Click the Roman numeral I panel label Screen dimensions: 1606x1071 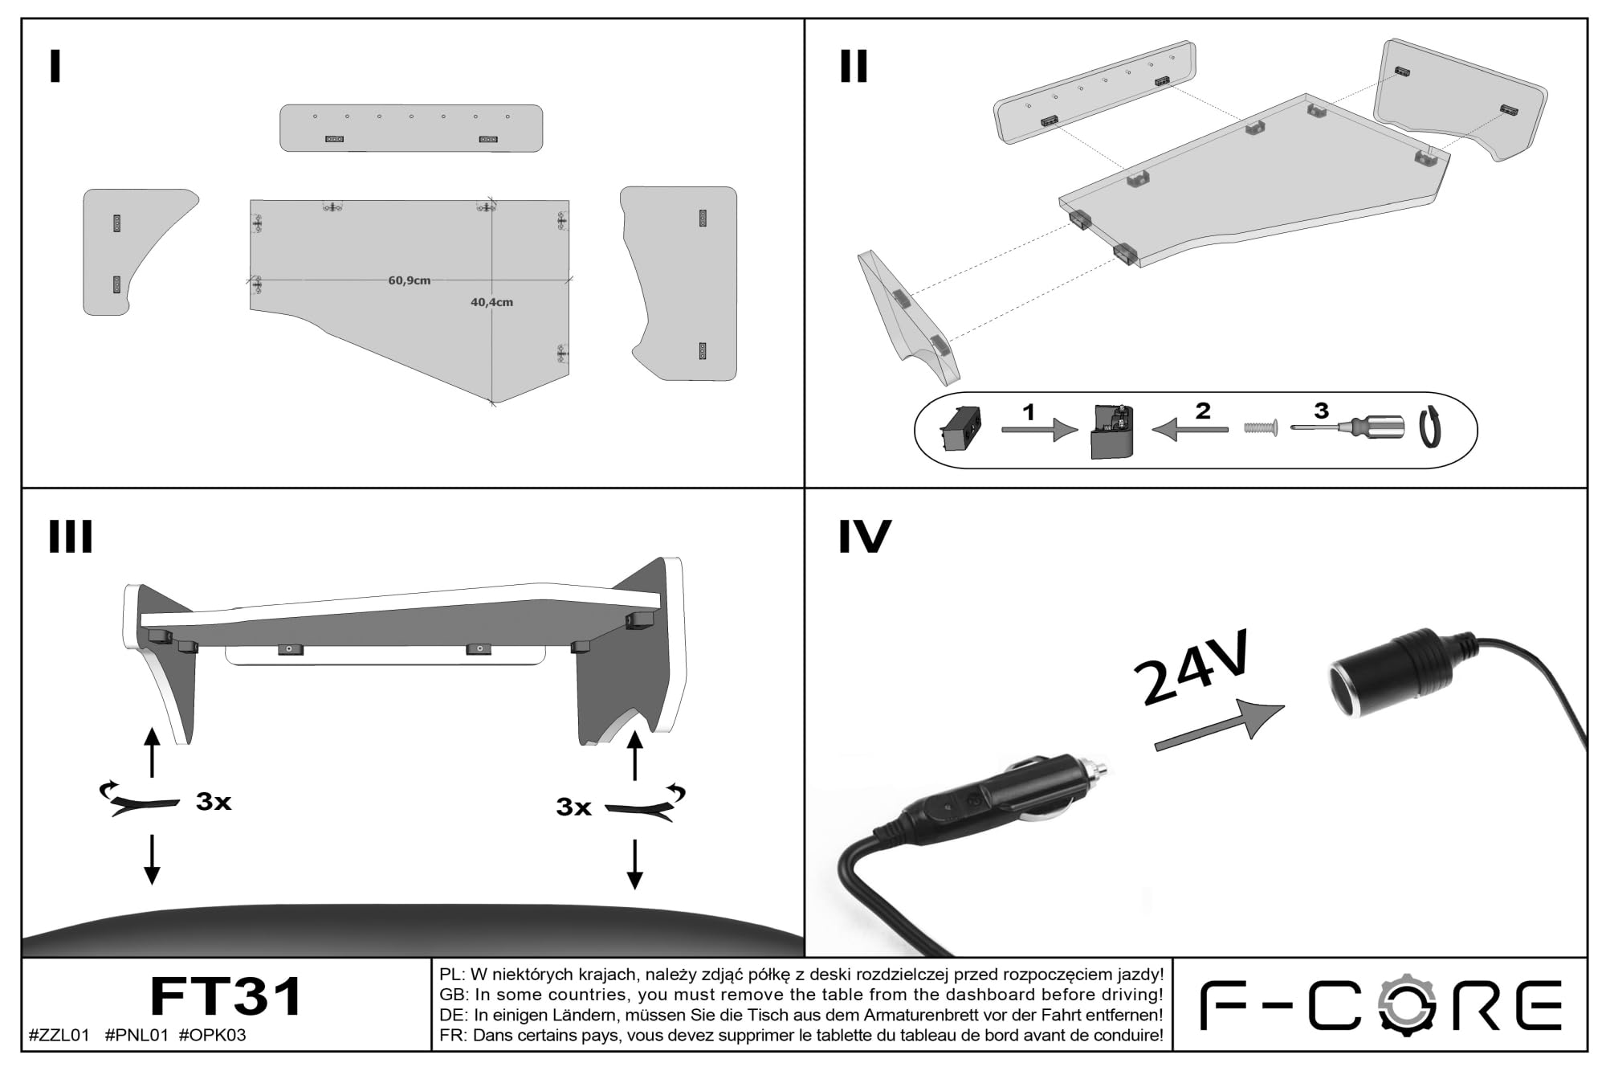click(x=55, y=67)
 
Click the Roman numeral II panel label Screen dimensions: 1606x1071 click(x=854, y=67)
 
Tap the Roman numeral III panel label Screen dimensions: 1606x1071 click(x=71, y=537)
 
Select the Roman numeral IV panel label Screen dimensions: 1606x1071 click(x=865, y=537)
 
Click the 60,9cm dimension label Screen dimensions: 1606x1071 click(x=410, y=280)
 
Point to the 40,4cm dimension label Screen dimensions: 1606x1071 click(x=491, y=302)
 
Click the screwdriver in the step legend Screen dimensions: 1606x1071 click(x=1348, y=427)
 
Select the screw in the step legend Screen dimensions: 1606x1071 click(x=1261, y=428)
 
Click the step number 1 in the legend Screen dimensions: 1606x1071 click(x=1029, y=412)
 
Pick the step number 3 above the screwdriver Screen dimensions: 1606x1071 click(x=1321, y=411)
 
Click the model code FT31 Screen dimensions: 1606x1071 click(x=226, y=997)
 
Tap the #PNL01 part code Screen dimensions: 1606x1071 click(x=137, y=1035)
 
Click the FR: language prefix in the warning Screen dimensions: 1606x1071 click(x=453, y=1035)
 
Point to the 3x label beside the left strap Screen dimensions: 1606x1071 click(x=214, y=801)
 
